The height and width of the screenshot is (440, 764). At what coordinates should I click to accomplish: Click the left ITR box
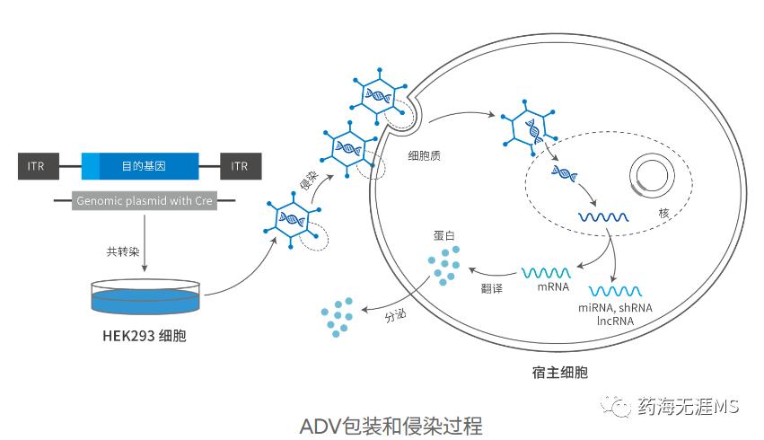point(36,166)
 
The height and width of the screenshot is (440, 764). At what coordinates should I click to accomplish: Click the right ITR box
point(239,166)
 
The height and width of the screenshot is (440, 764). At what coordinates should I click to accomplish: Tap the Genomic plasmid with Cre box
point(144,201)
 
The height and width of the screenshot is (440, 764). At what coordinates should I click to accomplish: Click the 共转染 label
point(121,252)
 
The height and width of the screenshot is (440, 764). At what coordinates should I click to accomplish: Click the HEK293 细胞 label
point(145,337)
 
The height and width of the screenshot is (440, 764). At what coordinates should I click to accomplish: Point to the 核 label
point(664,213)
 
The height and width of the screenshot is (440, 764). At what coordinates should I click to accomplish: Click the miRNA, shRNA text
point(615,308)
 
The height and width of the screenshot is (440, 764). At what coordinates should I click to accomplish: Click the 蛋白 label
point(444,235)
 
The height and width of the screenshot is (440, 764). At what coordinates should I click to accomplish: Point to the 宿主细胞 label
point(560,371)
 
